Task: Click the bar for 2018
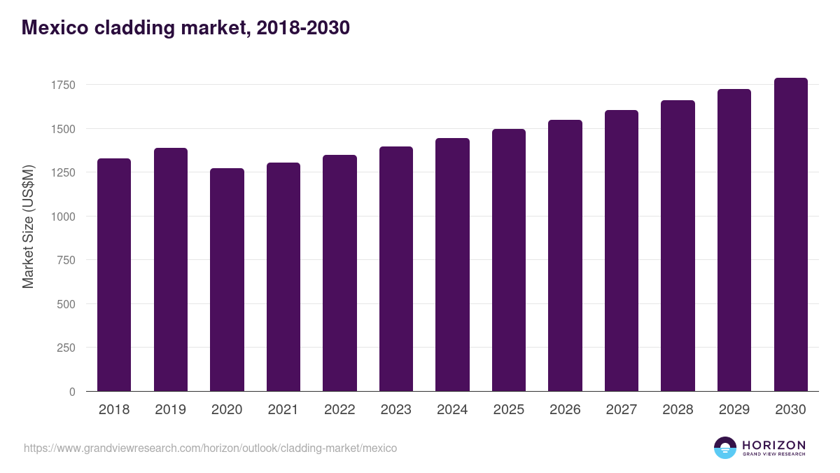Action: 114,275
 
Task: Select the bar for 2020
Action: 227,280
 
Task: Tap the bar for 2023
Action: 395,269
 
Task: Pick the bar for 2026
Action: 565,256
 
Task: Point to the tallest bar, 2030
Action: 790,235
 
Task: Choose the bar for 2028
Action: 678,246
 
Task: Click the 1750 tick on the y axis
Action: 63,85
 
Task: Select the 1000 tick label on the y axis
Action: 63,217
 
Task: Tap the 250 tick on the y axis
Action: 66,348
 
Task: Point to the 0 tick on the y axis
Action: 72,392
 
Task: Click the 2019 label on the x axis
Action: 170,410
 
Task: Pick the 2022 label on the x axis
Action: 339,410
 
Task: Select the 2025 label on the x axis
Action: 508,410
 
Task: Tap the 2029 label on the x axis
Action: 734,410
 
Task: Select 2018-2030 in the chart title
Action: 303,28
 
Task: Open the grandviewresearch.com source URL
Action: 210,448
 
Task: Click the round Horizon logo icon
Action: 724,448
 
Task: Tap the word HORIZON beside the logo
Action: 773,444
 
